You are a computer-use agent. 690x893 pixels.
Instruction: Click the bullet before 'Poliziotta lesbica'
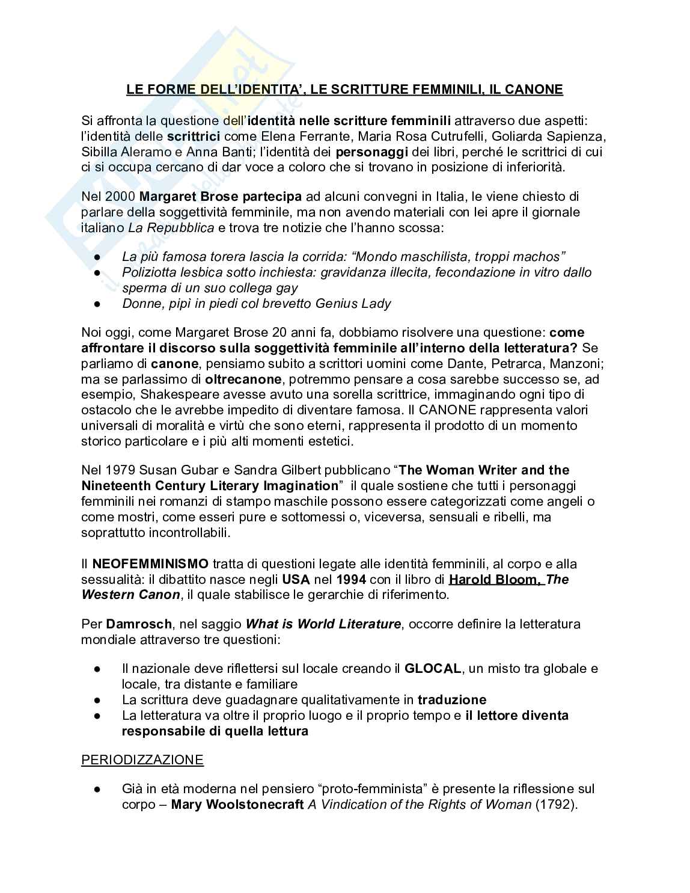(98, 272)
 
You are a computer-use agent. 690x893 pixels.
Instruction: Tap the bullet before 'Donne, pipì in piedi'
(98, 304)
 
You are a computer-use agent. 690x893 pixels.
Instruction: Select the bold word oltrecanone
(243, 379)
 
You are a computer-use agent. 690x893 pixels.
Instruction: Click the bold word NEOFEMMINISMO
(150, 563)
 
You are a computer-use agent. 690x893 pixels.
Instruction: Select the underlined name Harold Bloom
(495, 579)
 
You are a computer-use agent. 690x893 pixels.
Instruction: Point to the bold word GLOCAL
(432, 669)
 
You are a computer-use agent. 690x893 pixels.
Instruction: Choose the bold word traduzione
(452, 699)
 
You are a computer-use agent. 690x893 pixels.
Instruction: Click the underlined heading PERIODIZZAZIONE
(142, 760)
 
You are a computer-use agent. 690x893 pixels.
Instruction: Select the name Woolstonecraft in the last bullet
(252, 805)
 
